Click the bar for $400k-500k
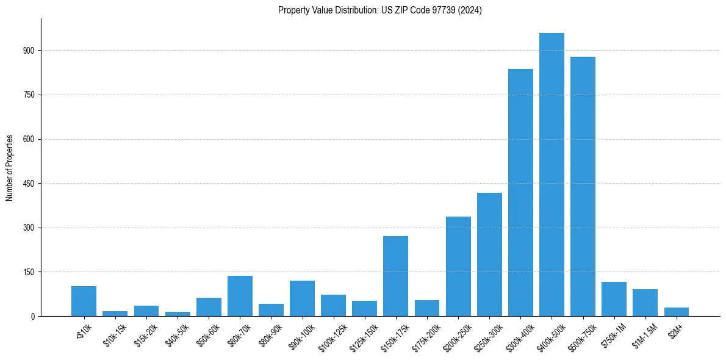coord(552,175)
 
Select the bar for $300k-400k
coord(520,192)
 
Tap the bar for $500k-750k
coord(583,186)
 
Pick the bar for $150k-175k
coord(395,276)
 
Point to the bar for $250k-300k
coord(489,254)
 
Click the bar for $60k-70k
coord(240,296)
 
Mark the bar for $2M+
coord(676,312)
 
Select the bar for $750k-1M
coord(614,299)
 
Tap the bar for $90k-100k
coord(302,298)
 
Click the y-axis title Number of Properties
coord(10,168)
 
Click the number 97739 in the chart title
coord(449,10)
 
